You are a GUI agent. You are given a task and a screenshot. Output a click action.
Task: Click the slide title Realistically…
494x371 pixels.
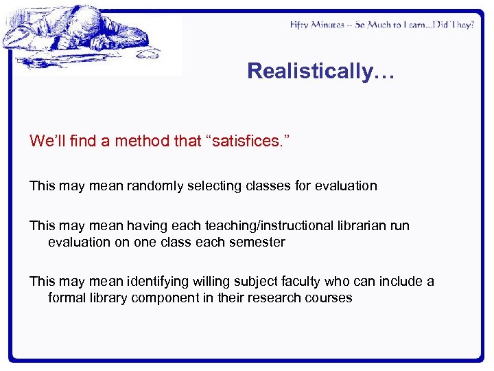[x=320, y=71]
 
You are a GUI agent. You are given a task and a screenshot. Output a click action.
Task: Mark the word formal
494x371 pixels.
[x=66, y=297]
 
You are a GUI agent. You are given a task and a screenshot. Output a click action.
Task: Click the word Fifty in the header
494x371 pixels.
[x=300, y=25]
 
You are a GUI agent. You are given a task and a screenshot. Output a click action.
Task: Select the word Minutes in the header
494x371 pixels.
[x=331, y=25]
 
